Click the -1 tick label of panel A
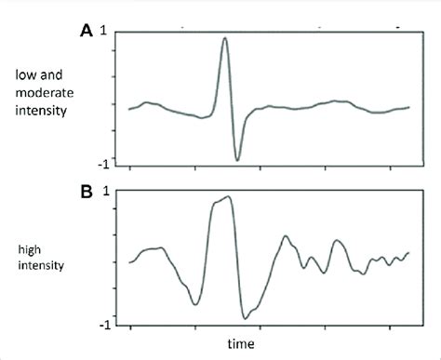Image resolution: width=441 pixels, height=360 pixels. (x=111, y=164)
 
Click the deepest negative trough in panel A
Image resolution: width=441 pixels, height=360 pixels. (x=237, y=160)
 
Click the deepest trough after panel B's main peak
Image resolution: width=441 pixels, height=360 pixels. (x=245, y=317)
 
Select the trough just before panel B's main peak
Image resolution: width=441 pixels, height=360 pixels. (x=194, y=303)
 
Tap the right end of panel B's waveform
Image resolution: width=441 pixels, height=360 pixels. (x=408, y=252)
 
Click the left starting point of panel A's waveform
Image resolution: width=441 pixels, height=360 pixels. (x=129, y=109)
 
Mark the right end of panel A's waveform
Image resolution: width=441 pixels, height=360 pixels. (x=408, y=108)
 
